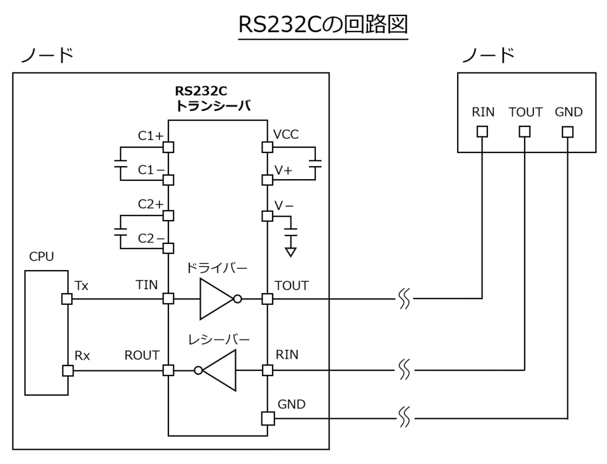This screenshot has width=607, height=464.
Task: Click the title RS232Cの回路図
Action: pyautogui.click(x=323, y=24)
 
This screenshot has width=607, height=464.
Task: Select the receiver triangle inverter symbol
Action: pyautogui.click(x=219, y=370)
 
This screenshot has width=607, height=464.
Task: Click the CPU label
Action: pyautogui.click(x=41, y=257)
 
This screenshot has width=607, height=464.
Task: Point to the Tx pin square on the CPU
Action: pyautogui.click(x=67, y=299)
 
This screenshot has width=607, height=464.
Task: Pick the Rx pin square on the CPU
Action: pyautogui.click(x=67, y=370)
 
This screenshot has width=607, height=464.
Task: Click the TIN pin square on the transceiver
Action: pyautogui.click(x=168, y=299)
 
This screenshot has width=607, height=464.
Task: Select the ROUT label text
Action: pyautogui.click(x=142, y=355)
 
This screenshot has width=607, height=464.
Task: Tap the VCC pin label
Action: pyautogui.click(x=286, y=134)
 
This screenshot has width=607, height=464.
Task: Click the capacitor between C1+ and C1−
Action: pyautogui.click(x=120, y=163)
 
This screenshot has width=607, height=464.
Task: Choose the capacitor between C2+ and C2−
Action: pyautogui.click(x=120, y=231)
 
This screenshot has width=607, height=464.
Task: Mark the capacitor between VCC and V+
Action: pyautogui.click(x=315, y=163)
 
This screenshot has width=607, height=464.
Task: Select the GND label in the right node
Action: pyautogui.click(x=568, y=112)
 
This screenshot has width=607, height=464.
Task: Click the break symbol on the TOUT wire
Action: pyautogui.click(x=404, y=299)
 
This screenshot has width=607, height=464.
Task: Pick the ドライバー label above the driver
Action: pyautogui.click(x=216, y=268)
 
